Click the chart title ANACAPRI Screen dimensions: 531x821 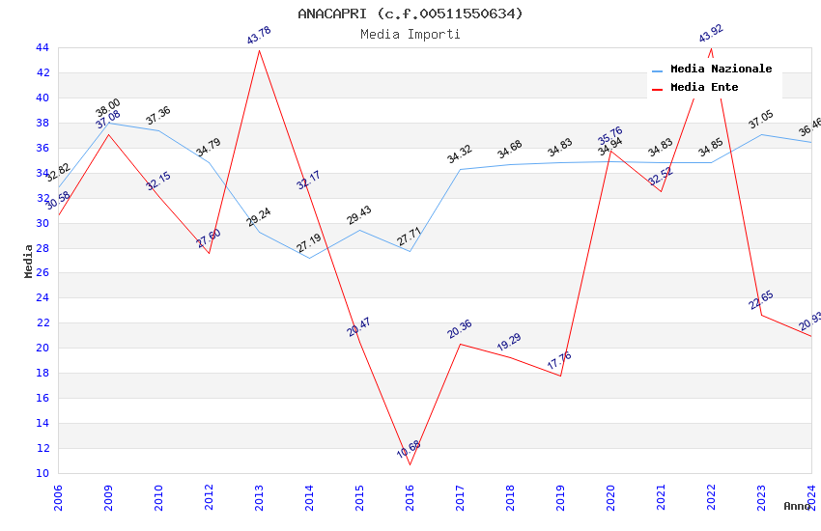pos(410,14)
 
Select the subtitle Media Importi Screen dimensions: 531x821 pos(410,34)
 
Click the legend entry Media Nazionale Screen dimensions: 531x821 pos(721,70)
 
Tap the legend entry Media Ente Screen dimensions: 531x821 pos(704,88)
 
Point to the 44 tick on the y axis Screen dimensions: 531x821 pos(42,47)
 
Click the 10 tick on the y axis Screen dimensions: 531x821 pos(42,473)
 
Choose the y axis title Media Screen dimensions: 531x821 pos(29,261)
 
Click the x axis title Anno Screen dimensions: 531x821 pos(797,506)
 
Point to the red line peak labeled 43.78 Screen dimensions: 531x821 pos(259,50)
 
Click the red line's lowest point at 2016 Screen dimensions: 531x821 pos(410,464)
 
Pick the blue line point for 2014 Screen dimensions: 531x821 pos(309,258)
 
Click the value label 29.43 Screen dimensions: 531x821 pos(358,215)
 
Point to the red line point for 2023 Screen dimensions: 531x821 pos(761,315)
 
